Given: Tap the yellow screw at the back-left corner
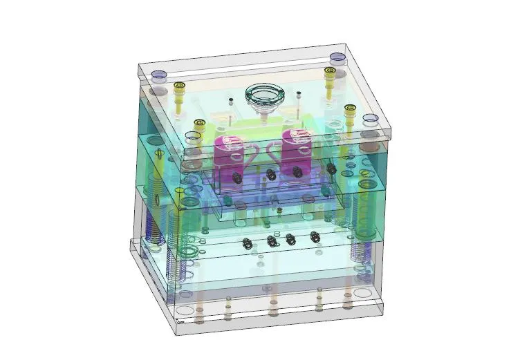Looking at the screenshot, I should point(180,87).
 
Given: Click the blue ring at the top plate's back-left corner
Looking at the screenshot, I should point(158,73).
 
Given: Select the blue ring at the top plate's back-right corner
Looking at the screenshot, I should point(337,57).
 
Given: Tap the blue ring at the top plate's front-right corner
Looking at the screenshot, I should point(371,118).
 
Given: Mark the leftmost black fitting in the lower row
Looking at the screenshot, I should point(247,243).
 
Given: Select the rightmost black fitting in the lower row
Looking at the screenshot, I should point(316,236).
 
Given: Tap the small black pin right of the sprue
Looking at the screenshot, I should point(298,93).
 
